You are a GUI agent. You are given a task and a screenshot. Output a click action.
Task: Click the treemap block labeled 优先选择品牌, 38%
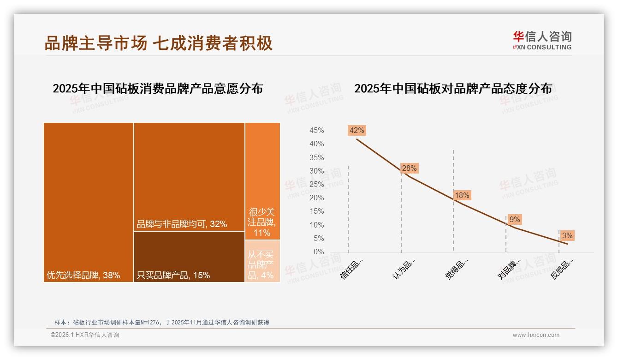click(x=89, y=202)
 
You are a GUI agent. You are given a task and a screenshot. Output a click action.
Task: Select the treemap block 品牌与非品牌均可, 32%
click(x=189, y=177)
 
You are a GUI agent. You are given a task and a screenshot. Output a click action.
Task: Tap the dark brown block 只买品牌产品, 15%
click(x=189, y=257)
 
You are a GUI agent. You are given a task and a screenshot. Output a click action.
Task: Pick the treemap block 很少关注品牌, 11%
click(x=262, y=181)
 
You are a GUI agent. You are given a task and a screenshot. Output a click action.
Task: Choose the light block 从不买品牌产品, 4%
click(x=262, y=261)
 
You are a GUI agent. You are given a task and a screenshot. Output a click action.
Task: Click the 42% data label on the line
click(x=357, y=130)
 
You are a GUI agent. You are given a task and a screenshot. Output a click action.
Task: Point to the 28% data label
click(x=409, y=168)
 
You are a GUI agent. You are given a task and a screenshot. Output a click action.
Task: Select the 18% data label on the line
click(x=462, y=195)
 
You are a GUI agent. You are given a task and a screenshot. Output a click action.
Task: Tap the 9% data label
click(x=515, y=220)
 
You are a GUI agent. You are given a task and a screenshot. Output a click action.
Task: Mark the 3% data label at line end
click(x=567, y=236)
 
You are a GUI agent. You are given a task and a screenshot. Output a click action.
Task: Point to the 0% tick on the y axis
click(x=319, y=252)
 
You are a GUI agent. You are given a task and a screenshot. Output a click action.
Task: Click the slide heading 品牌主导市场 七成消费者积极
click(x=159, y=43)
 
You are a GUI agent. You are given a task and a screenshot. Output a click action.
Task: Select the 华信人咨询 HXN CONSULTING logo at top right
click(x=542, y=40)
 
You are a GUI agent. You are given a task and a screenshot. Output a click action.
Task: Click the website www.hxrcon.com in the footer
click(x=536, y=335)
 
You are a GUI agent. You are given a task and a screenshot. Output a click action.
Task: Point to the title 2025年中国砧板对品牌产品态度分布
click(x=453, y=89)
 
